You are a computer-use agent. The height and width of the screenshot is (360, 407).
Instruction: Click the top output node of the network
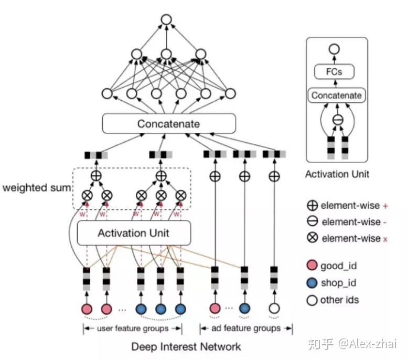[x=166, y=20]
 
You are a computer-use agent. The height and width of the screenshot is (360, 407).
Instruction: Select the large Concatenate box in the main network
[x=168, y=124]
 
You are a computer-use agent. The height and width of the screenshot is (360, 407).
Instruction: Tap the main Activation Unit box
[x=133, y=233]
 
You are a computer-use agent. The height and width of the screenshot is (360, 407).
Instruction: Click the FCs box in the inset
[x=334, y=72]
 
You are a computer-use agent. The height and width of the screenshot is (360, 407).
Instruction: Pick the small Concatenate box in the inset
[x=336, y=96]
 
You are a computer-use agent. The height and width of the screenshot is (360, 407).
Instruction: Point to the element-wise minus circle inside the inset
[x=338, y=120]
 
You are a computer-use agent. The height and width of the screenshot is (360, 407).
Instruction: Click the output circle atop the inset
[x=334, y=49]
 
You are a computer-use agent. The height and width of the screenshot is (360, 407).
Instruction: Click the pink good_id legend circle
[x=313, y=266]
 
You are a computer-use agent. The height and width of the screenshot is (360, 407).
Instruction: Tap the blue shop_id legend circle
[x=313, y=283]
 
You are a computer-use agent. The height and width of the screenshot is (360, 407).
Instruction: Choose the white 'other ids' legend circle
[x=313, y=300]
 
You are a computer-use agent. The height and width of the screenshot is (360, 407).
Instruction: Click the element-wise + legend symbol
[x=313, y=205]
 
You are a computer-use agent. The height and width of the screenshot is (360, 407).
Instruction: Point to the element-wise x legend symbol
[x=313, y=238]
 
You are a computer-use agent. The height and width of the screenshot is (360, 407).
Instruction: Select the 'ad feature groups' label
[x=246, y=329]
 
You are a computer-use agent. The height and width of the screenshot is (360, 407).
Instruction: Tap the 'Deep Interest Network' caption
[x=186, y=346]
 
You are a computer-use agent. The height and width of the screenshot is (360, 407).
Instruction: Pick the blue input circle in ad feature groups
[x=244, y=308]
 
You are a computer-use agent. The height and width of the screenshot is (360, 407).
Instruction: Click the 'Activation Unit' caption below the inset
[x=337, y=174]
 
